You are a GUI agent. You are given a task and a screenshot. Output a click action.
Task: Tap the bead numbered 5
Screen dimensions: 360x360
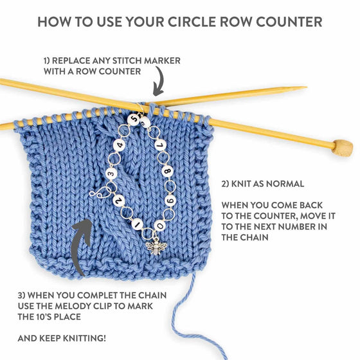click(134, 119)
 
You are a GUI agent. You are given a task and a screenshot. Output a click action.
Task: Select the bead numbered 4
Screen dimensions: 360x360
click(120, 146)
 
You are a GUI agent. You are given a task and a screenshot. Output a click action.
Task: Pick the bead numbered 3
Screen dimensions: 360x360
click(111, 173)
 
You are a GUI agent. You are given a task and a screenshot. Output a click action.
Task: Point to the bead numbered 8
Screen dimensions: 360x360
click(167, 172)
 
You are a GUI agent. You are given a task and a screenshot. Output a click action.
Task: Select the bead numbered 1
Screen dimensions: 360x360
click(136, 225)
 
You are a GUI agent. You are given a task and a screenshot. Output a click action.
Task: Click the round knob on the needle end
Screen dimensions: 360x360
click(343, 148)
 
